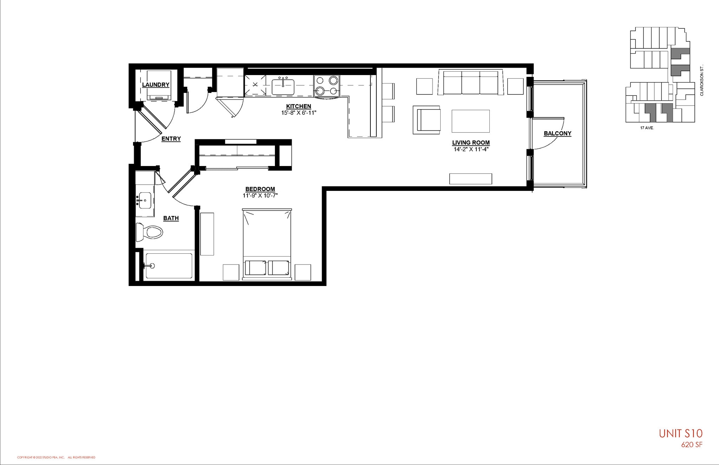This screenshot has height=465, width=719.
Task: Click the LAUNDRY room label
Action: point(156,85)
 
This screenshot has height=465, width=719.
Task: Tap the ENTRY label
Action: point(171,139)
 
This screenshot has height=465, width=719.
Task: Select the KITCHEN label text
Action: point(298,106)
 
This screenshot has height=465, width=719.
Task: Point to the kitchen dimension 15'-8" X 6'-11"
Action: point(298,113)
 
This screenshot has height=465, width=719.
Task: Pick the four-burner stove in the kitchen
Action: point(326,86)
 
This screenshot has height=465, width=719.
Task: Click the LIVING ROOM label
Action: point(471,142)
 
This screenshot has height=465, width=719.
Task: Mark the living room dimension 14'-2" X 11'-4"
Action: point(471,149)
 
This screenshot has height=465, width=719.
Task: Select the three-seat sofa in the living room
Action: point(471,83)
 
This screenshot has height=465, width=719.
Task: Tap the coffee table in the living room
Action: point(470,121)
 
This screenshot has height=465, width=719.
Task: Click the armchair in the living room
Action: point(427,120)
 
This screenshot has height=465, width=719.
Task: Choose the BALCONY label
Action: point(558,133)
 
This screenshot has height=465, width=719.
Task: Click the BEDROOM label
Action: point(260,189)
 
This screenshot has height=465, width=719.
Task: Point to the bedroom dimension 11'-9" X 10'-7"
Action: point(260,195)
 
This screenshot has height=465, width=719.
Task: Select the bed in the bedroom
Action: point(267,244)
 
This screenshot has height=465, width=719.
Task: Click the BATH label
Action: point(171,218)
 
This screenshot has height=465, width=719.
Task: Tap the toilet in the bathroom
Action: point(150,232)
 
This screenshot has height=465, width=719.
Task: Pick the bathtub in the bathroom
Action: point(169,266)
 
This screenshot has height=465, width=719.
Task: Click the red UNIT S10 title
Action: point(680,434)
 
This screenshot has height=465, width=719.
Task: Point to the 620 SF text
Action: point(692,445)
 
